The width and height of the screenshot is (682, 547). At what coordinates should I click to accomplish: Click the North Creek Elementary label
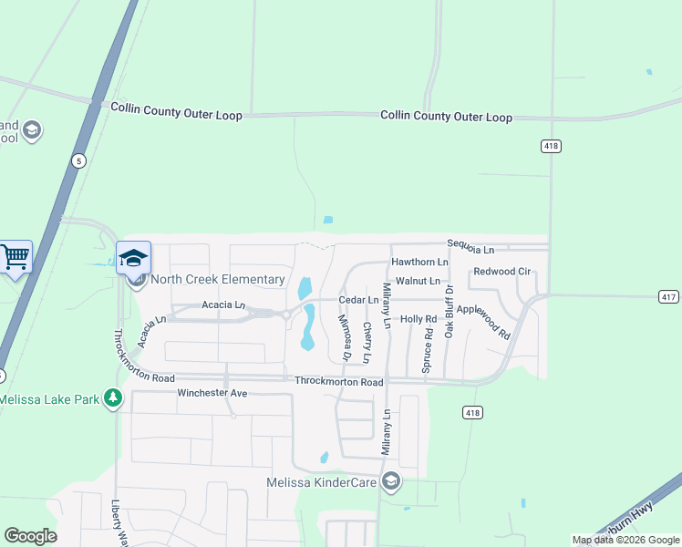(218, 279)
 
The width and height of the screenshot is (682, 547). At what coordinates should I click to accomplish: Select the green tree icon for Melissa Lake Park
(112, 398)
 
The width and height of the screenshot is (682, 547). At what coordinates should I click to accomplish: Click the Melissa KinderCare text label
(322, 481)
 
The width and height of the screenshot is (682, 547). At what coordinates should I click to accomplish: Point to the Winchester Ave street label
(212, 393)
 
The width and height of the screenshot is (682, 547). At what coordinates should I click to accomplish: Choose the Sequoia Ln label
(470, 248)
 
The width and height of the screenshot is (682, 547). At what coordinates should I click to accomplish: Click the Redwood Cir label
(501, 272)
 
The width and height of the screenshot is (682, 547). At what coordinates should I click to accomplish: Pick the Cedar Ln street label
(358, 299)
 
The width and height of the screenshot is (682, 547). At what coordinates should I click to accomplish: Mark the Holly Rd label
(418, 319)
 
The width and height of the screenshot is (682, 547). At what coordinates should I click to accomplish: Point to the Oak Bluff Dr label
(449, 311)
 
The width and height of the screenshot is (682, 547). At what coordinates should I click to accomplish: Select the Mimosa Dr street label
(346, 337)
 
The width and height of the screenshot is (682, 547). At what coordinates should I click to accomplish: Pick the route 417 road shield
(668, 296)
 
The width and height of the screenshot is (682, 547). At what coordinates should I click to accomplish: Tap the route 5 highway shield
(79, 160)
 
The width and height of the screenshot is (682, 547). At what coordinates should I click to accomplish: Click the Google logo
(30, 536)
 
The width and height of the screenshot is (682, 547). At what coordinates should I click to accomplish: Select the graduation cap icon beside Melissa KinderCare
(390, 480)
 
